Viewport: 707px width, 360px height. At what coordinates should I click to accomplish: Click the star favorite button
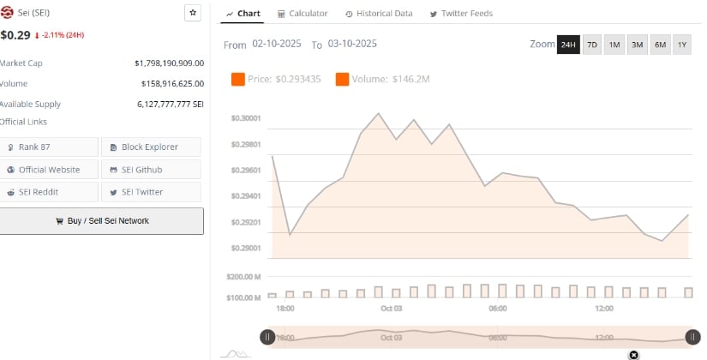click(x=193, y=13)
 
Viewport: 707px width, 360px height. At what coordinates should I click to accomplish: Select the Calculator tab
click(x=303, y=14)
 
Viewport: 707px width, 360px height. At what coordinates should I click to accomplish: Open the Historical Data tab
click(x=379, y=14)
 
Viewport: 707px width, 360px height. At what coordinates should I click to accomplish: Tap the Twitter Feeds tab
click(x=461, y=14)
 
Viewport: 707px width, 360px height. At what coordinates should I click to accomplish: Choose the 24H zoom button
click(x=568, y=45)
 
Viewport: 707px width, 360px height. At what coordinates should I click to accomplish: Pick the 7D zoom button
click(x=592, y=45)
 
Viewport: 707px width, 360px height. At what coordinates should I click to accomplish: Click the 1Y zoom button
click(x=682, y=45)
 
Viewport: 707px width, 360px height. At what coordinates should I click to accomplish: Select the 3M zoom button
click(x=637, y=45)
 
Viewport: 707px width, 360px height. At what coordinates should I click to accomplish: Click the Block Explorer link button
click(x=151, y=147)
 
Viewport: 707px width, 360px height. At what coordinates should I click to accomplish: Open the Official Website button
click(x=50, y=170)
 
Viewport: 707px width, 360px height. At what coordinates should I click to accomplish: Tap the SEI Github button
click(x=151, y=170)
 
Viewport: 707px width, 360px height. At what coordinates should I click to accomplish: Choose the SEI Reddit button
click(x=50, y=192)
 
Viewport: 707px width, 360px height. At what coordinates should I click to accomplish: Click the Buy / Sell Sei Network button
click(x=102, y=221)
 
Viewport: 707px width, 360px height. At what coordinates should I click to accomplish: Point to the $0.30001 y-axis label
click(x=246, y=118)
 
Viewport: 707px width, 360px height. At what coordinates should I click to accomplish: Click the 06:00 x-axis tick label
click(x=497, y=309)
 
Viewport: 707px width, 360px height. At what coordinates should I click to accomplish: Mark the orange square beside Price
click(x=238, y=80)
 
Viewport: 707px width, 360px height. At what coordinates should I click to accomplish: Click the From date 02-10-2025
click(x=275, y=44)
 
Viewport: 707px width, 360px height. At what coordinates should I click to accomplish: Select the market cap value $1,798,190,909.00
click(x=169, y=63)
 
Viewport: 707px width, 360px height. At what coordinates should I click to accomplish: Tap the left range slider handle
click(x=267, y=337)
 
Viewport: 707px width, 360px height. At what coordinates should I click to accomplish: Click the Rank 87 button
click(x=50, y=147)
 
